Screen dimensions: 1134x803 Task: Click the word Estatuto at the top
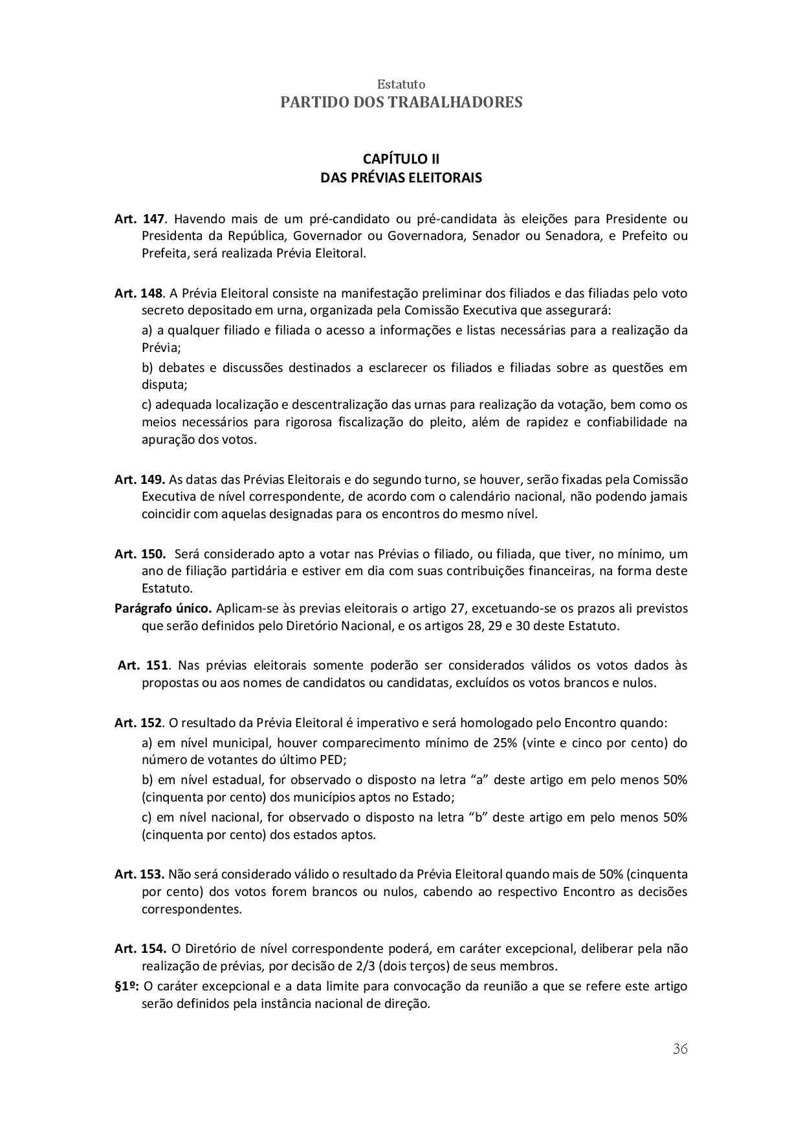click(401, 85)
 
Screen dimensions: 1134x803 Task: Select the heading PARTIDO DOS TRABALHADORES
click(401, 102)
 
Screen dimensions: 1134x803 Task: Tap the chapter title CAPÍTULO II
click(401, 159)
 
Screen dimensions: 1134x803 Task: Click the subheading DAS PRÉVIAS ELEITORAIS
click(401, 177)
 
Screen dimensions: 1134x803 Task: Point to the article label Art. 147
click(141, 218)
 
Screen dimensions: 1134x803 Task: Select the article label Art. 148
click(139, 293)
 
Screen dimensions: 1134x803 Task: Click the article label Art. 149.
click(140, 480)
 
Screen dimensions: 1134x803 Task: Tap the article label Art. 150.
click(140, 554)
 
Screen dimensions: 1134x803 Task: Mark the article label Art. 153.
click(140, 874)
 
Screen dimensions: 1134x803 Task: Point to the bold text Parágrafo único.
click(163, 609)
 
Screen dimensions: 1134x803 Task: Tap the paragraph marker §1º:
click(127, 987)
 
